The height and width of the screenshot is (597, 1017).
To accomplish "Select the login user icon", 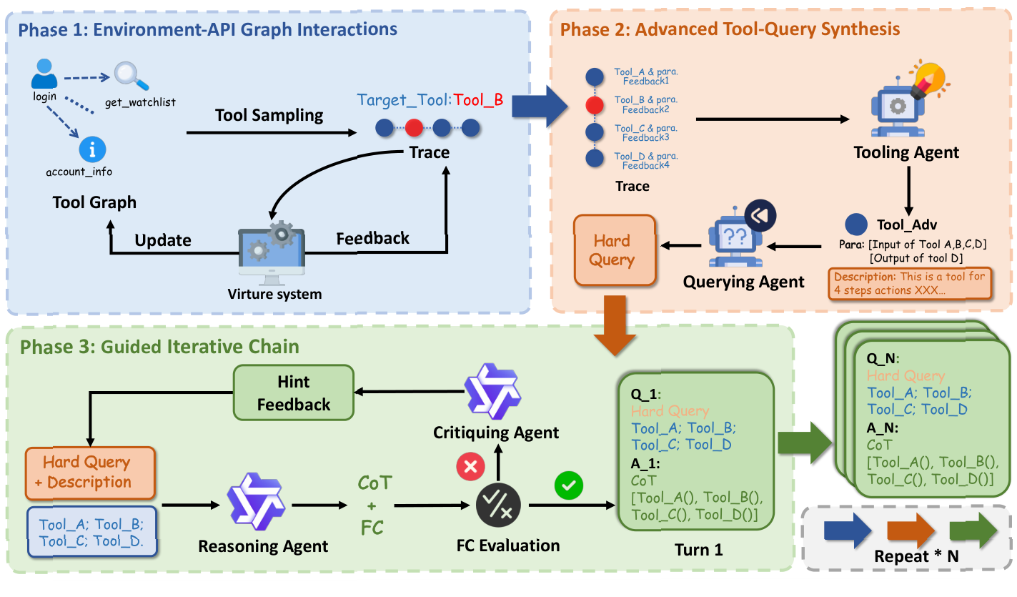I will (44, 74).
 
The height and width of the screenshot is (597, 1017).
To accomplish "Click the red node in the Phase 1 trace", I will (414, 129).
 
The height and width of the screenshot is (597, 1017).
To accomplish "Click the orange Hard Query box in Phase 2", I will (612, 250).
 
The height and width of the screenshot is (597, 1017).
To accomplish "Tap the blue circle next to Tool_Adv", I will (855, 225).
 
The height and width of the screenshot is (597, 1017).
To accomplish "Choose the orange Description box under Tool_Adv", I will (911, 285).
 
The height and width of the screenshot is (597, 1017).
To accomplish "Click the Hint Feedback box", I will (294, 393).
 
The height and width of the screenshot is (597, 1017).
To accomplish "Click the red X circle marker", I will (470, 468).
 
